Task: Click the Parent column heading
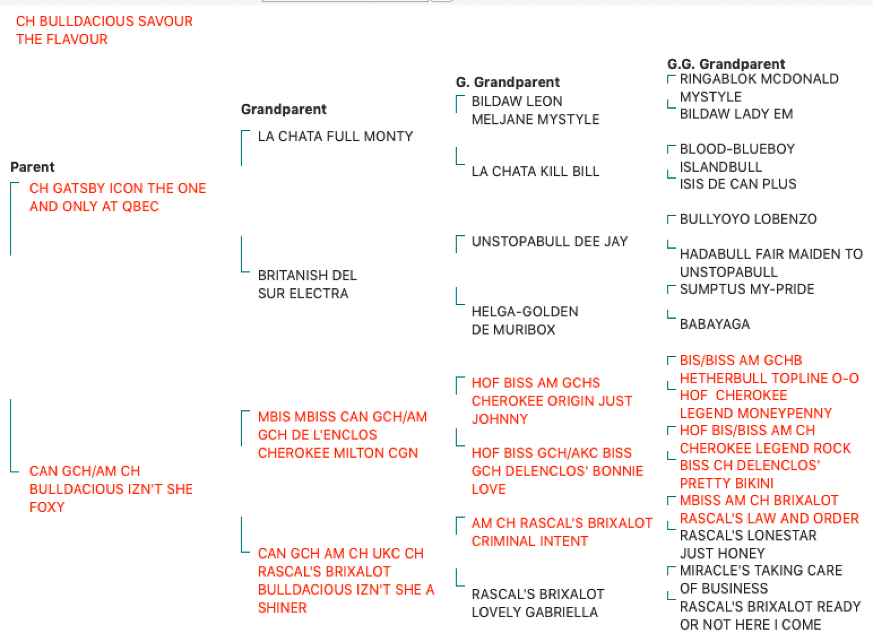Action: [32, 167]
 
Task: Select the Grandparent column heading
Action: [283, 109]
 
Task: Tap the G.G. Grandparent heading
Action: [726, 64]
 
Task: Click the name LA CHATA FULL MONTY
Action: [335, 137]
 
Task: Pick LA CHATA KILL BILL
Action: [535, 172]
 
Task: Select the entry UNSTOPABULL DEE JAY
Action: [549, 242]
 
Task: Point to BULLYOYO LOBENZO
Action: [748, 219]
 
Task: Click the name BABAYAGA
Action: [714, 324]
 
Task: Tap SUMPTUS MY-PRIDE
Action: [747, 289]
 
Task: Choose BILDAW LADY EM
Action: [736, 114]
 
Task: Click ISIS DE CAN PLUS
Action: [738, 184]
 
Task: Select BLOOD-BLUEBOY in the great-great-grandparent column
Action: [737, 149]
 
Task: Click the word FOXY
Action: [47, 507]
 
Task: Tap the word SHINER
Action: [282, 607]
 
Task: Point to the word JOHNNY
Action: [500, 419]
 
